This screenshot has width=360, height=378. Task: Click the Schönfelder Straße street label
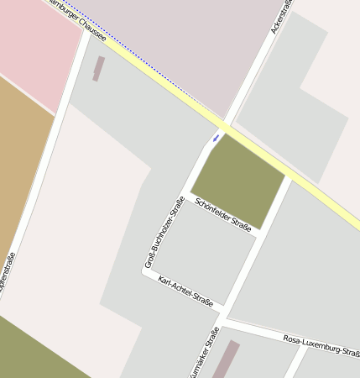pyautogui.click(x=223, y=214)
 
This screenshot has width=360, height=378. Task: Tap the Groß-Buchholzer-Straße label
pyautogui.click(x=164, y=232)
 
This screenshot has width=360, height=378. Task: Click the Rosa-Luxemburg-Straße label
pyautogui.click(x=321, y=346)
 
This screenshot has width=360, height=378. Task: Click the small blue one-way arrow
pyautogui.click(x=217, y=137)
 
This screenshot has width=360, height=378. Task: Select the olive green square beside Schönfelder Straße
pyautogui.click(x=238, y=180)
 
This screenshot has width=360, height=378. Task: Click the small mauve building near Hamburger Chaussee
pyautogui.click(x=99, y=69)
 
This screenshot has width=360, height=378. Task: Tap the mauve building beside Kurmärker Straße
pyautogui.click(x=225, y=360)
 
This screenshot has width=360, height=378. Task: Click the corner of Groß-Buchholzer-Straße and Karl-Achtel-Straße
pyautogui.click(x=146, y=271)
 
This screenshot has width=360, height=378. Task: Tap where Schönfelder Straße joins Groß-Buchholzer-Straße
pyautogui.click(x=187, y=196)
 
